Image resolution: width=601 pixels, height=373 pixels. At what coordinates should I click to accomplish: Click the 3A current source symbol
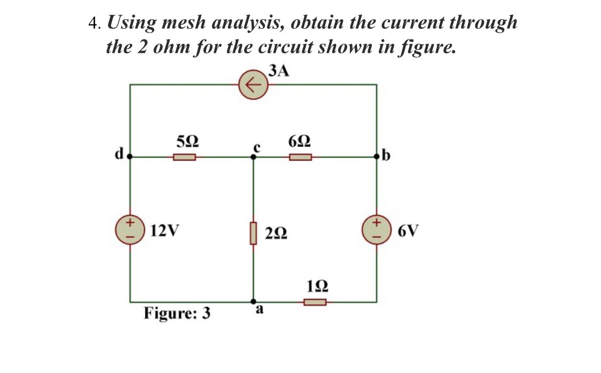point(253,85)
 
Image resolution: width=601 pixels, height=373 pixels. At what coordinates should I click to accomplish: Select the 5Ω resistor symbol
point(185,157)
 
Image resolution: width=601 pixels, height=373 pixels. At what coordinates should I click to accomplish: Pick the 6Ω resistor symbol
point(301,157)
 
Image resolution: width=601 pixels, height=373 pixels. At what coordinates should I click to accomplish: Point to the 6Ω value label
point(300,142)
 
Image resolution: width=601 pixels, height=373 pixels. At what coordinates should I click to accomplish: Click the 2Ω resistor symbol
point(254,233)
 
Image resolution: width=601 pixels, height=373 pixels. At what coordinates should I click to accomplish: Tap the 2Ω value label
point(276,234)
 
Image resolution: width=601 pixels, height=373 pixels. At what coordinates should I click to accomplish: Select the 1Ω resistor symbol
point(315,303)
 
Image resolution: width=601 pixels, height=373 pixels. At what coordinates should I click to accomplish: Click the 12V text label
point(165,231)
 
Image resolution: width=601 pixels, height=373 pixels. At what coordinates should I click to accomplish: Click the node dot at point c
point(254,157)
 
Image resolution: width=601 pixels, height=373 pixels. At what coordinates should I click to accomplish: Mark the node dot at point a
point(254,301)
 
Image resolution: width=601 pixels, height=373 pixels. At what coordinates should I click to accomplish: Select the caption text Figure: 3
point(177,313)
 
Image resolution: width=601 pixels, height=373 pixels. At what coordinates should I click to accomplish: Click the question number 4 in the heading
point(93,23)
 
